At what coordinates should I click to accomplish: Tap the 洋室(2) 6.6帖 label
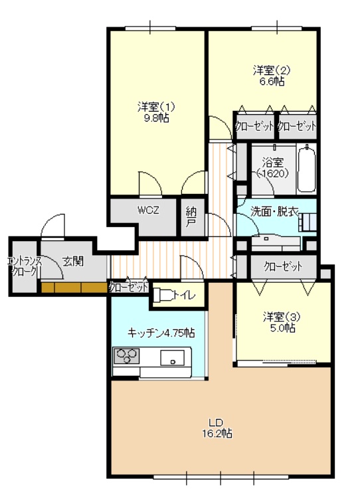click(272, 75)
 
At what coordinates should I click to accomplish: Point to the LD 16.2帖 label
click(217, 428)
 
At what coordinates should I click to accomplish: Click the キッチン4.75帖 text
click(161, 333)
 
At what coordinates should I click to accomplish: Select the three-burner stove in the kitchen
click(127, 355)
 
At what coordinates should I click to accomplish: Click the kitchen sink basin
click(172, 358)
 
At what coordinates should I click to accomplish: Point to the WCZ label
click(148, 210)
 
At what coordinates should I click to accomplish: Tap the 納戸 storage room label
click(191, 217)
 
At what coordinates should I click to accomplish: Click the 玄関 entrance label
click(73, 262)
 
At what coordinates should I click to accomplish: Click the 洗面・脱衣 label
click(274, 212)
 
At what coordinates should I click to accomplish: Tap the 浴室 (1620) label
click(272, 167)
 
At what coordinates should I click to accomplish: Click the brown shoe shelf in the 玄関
click(74, 288)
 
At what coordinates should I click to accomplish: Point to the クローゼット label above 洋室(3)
click(283, 266)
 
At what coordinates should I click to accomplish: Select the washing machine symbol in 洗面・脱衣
click(307, 221)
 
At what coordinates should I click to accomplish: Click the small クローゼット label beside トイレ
click(128, 288)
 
